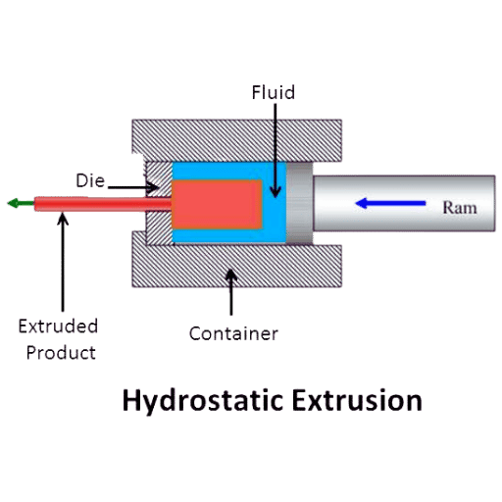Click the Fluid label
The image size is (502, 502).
(x=274, y=92)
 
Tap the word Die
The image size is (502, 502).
(x=90, y=180)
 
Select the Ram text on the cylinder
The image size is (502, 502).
(x=460, y=208)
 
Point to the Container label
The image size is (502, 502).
(x=233, y=333)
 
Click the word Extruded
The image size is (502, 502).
(x=58, y=326)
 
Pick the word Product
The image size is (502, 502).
(x=61, y=353)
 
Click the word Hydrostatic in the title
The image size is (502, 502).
(x=203, y=401)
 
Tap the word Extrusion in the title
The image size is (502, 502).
(x=357, y=400)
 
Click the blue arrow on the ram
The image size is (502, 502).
(x=390, y=203)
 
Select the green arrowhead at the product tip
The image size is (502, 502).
(x=14, y=203)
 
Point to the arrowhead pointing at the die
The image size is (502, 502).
(x=152, y=187)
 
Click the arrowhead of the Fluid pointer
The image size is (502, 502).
(x=276, y=192)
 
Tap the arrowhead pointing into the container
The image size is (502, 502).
(x=231, y=276)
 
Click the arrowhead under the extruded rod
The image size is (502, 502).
(x=63, y=219)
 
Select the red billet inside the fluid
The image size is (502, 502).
(x=217, y=204)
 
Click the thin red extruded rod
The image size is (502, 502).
(x=103, y=204)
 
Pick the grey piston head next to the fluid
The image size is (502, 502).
(x=299, y=203)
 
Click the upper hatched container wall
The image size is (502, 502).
(x=237, y=140)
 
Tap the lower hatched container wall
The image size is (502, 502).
(x=237, y=266)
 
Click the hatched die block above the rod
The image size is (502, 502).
(x=159, y=179)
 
